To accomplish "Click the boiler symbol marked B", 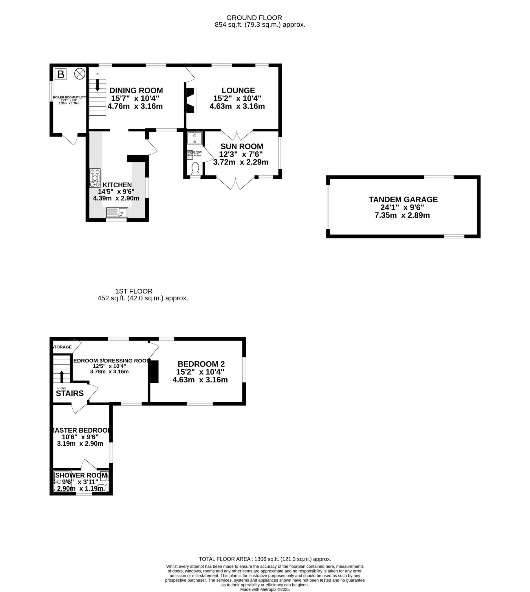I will click(x=60, y=74).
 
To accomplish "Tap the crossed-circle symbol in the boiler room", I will click(x=80, y=74).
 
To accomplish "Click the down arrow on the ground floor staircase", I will click(x=97, y=85).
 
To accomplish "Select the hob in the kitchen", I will click(x=95, y=178).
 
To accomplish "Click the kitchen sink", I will click(x=117, y=212).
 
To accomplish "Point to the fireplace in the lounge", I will click(x=191, y=100).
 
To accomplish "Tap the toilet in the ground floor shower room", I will click(x=195, y=168).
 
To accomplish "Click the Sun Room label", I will click(x=242, y=147).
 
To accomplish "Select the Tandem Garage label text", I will click(x=403, y=199).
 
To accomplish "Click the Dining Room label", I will click(x=136, y=90).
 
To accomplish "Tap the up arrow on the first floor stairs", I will click(x=61, y=376).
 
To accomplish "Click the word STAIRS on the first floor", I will click(x=70, y=393).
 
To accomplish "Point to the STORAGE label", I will click(x=62, y=347).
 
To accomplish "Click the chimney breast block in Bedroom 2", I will click(x=154, y=371).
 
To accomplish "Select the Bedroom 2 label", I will click(x=201, y=364).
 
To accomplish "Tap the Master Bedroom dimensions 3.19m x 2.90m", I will click(x=80, y=443).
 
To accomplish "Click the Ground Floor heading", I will click(x=254, y=18).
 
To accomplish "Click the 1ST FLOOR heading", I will click(x=134, y=291).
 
